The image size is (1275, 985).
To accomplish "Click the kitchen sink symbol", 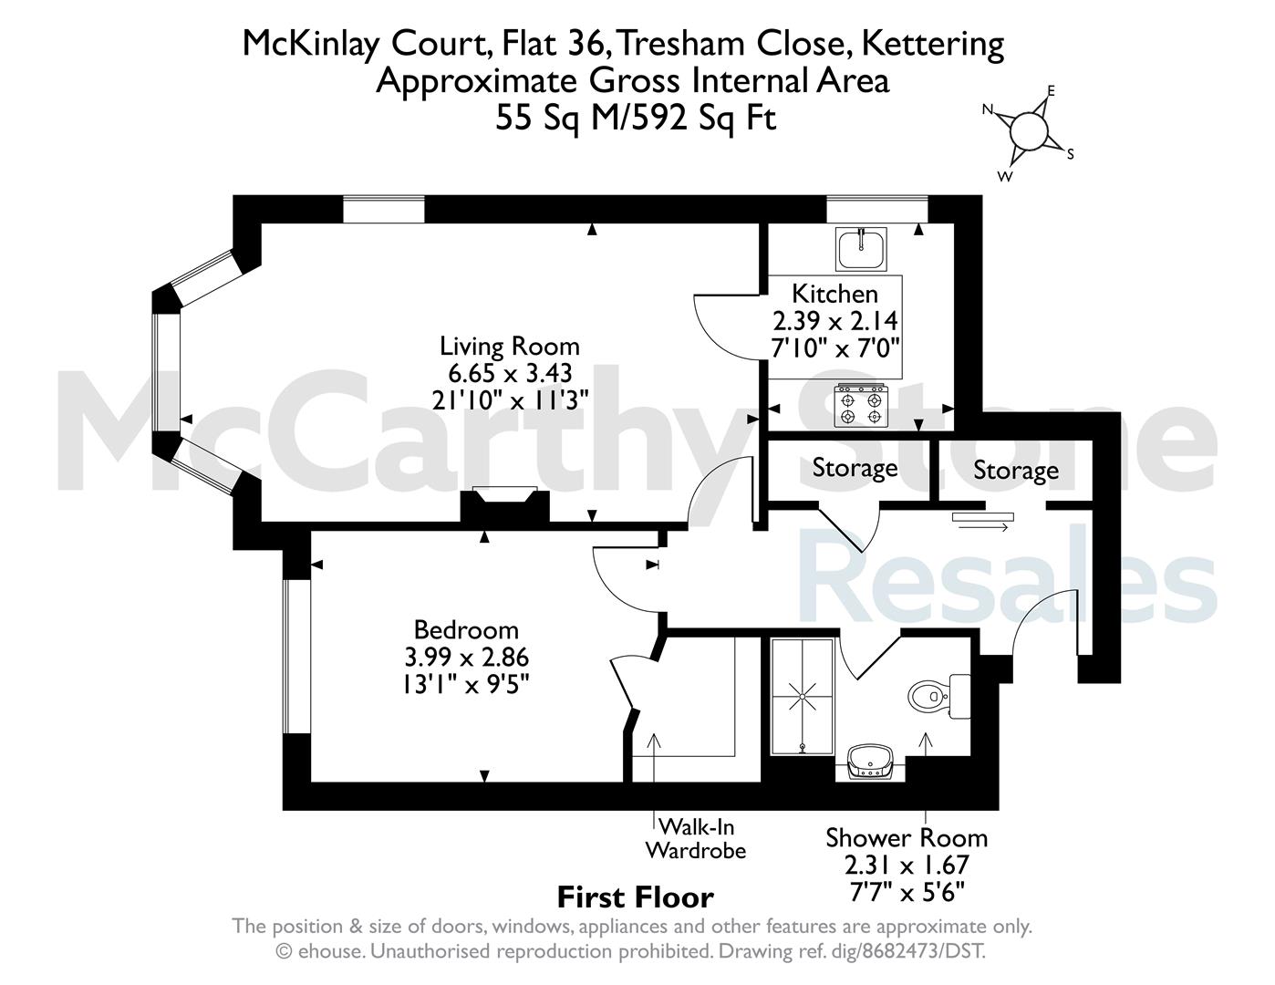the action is coord(861,249).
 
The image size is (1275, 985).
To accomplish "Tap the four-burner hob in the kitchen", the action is coord(861,405).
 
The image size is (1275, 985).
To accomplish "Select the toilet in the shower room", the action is coord(938,697).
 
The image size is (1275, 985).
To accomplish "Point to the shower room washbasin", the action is coord(871,762).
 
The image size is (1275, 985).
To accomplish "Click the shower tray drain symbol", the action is coord(802,697).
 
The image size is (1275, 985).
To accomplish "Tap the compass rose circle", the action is coord(1029,130).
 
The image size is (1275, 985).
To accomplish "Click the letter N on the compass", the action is coord(988,109).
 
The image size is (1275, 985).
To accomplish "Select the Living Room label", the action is coord(509,346).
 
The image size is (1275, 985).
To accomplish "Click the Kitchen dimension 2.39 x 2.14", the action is coord(834,321).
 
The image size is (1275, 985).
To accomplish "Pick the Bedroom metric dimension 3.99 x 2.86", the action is coord(466,657).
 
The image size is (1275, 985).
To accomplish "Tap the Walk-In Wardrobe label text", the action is coord(696,839).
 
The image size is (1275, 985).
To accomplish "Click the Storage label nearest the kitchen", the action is coord(855,468).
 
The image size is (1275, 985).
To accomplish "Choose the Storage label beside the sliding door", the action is coord(1016,470).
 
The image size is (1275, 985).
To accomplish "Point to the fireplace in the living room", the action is coord(504,504).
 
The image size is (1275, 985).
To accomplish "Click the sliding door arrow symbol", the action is coord(983,527).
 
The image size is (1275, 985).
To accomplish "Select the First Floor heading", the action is coord(636,898).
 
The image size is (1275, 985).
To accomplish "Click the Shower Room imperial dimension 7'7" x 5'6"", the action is coord(907,893).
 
